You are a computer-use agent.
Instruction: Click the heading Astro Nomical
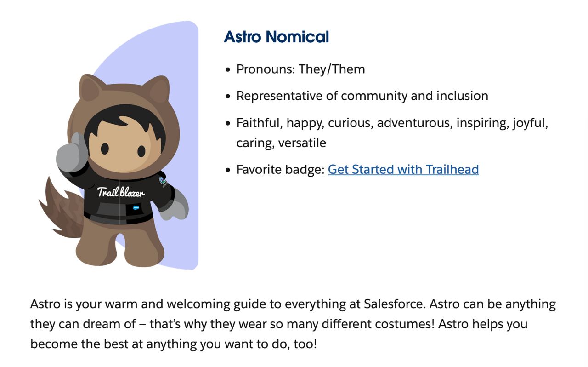(x=277, y=36)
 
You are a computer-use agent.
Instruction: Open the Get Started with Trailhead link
(x=403, y=169)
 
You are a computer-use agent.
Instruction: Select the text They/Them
(x=332, y=69)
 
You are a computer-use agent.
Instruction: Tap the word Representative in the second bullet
(x=279, y=96)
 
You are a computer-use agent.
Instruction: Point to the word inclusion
(x=462, y=96)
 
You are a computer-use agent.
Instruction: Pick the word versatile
(x=302, y=143)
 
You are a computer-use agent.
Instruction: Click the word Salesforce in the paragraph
(x=394, y=304)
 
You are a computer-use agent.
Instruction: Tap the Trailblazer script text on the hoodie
(x=121, y=192)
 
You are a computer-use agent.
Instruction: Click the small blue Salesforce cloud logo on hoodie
(x=136, y=208)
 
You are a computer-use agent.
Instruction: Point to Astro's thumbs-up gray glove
(x=71, y=153)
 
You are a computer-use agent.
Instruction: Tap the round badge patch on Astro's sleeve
(x=163, y=181)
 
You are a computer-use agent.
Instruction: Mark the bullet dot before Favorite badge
(x=228, y=170)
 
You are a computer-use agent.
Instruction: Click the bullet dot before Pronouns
(x=228, y=69)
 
